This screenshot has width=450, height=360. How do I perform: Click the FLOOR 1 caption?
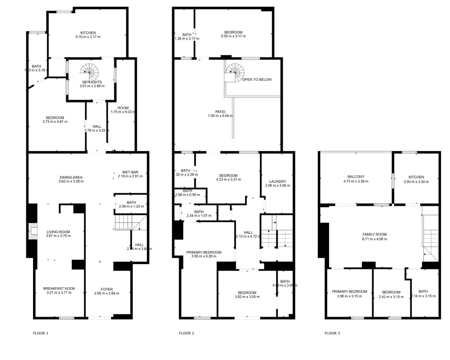tap(40, 333)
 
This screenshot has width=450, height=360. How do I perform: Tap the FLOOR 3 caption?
tap(332, 333)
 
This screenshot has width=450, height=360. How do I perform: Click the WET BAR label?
tap(130, 172)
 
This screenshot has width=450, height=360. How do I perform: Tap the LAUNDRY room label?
tap(277, 181)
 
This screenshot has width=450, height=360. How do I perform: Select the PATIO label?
tap(220, 112)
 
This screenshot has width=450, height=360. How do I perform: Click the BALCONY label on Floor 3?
tap(356, 177)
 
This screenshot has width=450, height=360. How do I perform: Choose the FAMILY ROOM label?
tap(374, 234)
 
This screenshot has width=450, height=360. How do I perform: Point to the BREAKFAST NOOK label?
tap(59, 288)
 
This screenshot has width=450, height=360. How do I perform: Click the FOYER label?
tap(107, 289)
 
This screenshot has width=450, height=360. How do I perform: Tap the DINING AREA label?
tap(71, 178)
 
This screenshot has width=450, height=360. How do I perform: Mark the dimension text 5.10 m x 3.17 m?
tap(88, 37)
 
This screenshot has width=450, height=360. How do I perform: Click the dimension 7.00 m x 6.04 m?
tap(220, 116)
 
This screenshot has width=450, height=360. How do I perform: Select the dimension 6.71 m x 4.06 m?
tap(374, 239)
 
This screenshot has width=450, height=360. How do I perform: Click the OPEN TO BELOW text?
tap(257, 79)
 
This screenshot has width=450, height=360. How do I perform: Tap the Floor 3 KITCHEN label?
tap(416, 177)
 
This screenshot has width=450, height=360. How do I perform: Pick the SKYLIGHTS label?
tap(92, 82)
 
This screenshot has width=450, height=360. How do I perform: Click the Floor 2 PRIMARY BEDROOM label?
tap(204, 252)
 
